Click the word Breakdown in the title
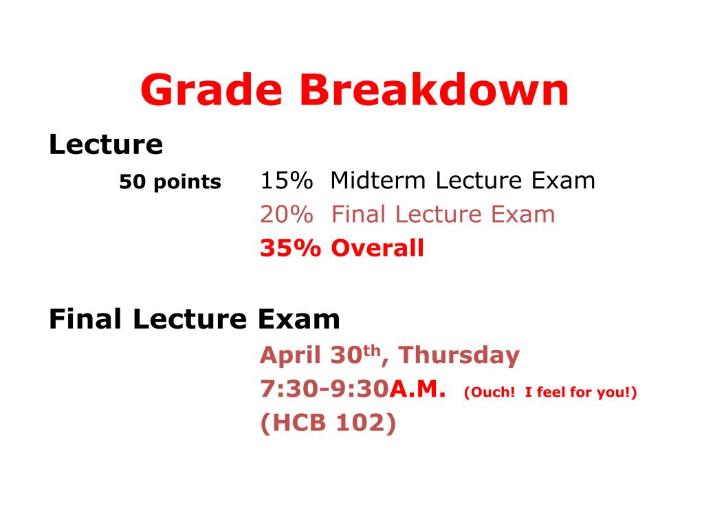point(434,91)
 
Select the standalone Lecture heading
point(106,145)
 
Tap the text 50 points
point(170,182)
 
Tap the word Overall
point(377,248)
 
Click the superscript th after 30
point(372,351)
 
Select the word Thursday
point(459,355)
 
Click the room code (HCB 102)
point(328,423)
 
